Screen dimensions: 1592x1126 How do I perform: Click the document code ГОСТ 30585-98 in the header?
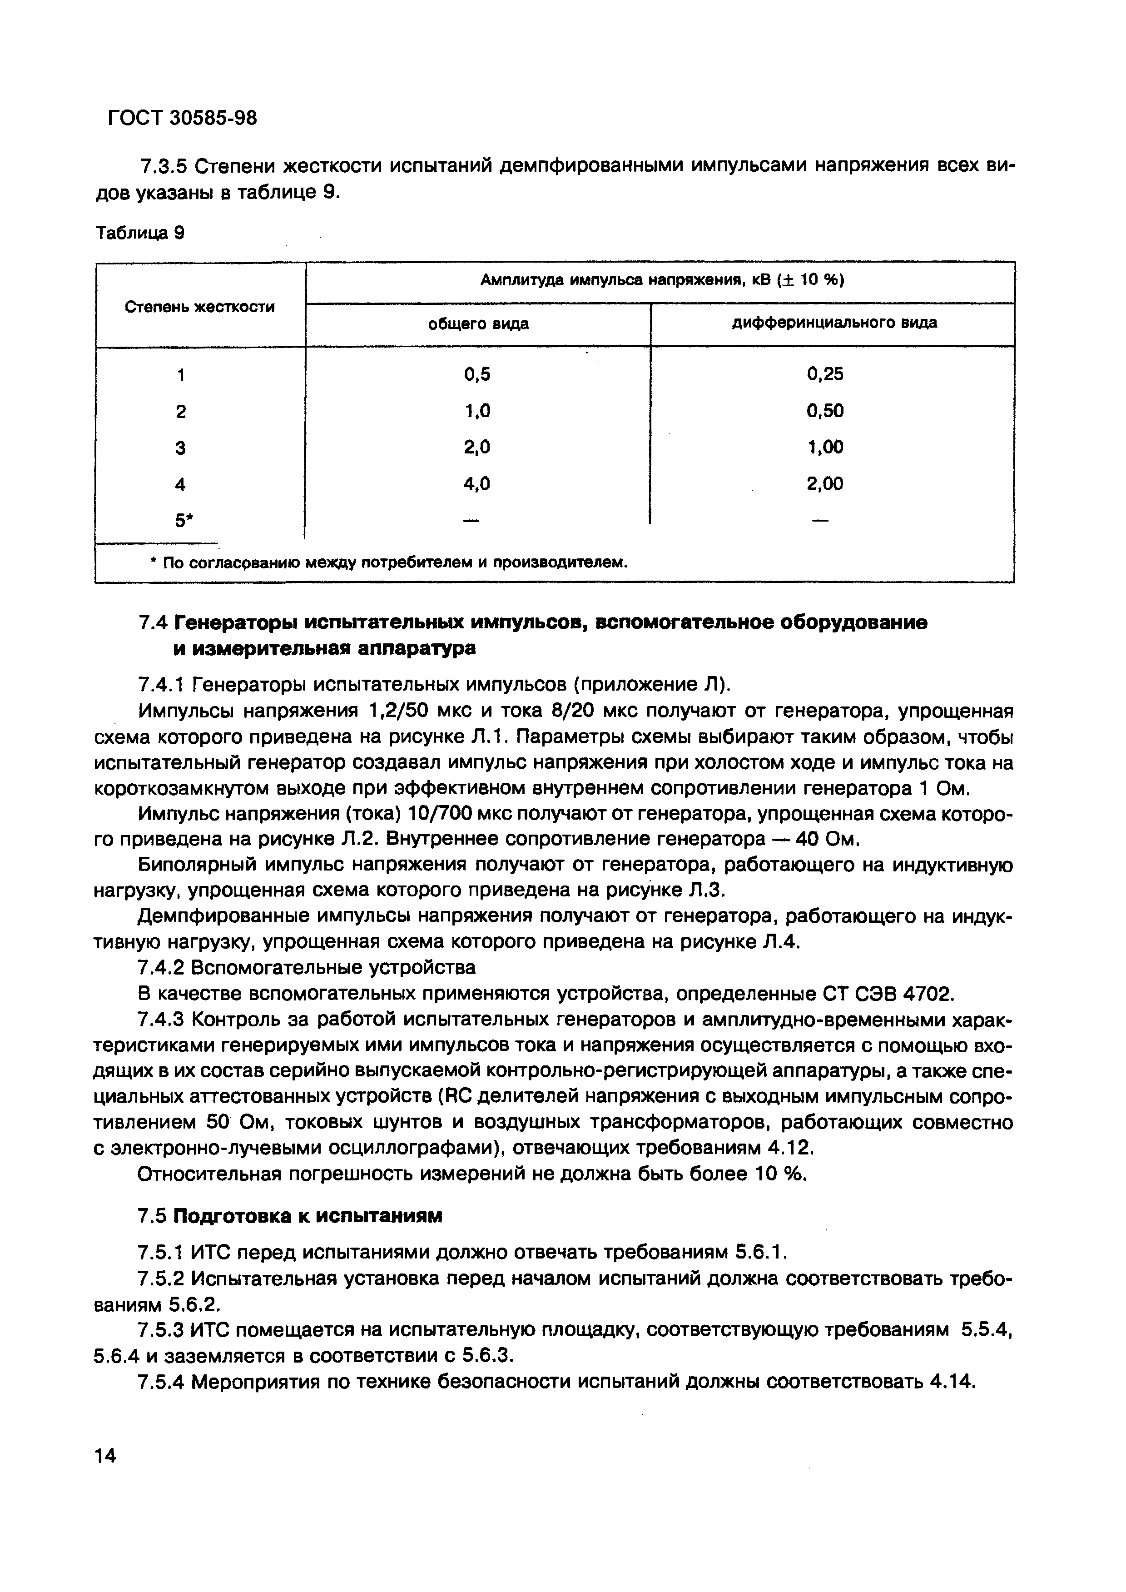[182, 118]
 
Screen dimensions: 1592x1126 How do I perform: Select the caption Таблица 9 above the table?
[140, 234]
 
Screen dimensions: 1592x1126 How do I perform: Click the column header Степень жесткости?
[200, 307]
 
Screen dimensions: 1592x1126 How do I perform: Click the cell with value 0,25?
[825, 374]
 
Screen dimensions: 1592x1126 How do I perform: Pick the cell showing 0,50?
[825, 411]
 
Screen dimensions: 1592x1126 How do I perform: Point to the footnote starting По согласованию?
[388, 563]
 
